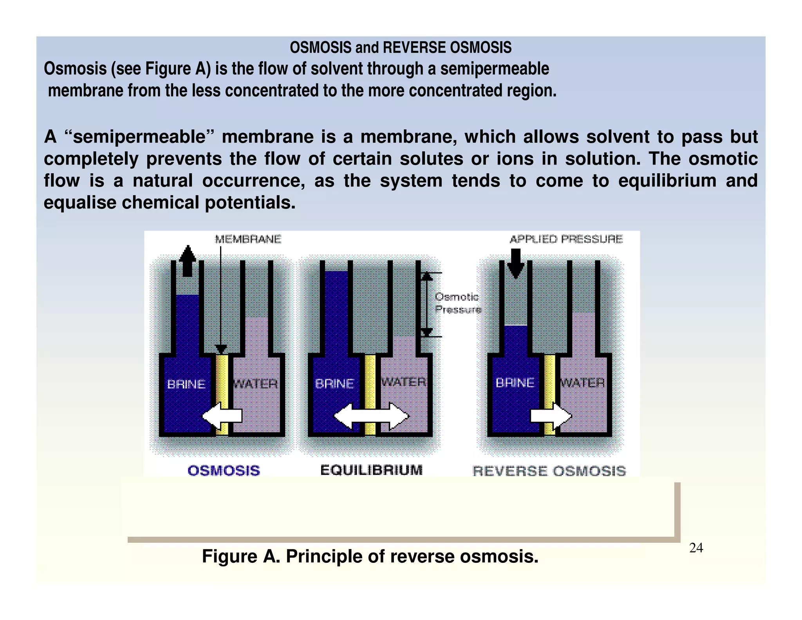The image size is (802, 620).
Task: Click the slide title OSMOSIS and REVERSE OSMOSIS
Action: [400, 47]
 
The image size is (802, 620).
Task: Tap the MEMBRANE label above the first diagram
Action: [248, 239]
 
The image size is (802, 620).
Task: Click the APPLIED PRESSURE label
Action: [566, 239]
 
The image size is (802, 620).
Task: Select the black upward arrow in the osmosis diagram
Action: [188, 261]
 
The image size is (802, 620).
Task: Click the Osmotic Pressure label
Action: [457, 303]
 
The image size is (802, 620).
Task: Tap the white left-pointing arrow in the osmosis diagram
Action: [222, 416]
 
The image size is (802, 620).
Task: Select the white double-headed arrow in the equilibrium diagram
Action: [371, 416]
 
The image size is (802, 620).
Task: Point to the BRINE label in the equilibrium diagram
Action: [334, 383]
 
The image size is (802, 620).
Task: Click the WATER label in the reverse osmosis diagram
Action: [583, 383]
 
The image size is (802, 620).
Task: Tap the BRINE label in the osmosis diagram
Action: [186, 384]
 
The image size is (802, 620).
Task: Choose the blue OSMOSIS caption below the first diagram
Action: [224, 470]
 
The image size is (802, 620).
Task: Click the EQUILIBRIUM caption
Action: [371, 470]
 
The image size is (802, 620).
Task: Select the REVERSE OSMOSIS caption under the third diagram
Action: [549, 471]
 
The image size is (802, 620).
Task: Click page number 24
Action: [696, 548]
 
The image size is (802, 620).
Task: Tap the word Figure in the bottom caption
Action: [229, 556]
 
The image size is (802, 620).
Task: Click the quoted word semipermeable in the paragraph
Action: [139, 137]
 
